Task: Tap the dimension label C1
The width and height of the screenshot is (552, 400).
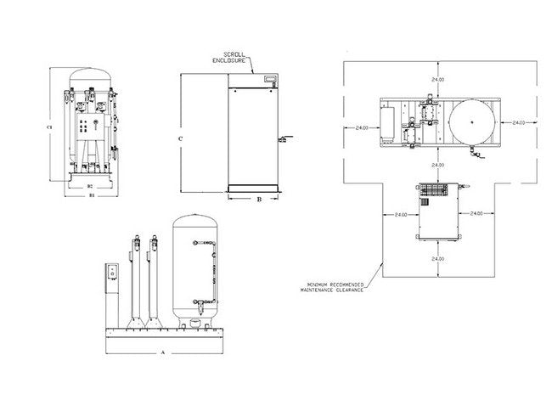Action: (51, 127)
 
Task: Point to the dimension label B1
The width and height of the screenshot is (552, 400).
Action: (91, 194)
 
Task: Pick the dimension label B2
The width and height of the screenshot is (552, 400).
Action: (90, 184)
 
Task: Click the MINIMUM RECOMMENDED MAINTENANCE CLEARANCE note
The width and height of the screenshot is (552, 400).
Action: (333, 286)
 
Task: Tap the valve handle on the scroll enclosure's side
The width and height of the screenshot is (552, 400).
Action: (286, 138)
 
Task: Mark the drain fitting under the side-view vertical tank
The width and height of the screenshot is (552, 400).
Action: (196, 322)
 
